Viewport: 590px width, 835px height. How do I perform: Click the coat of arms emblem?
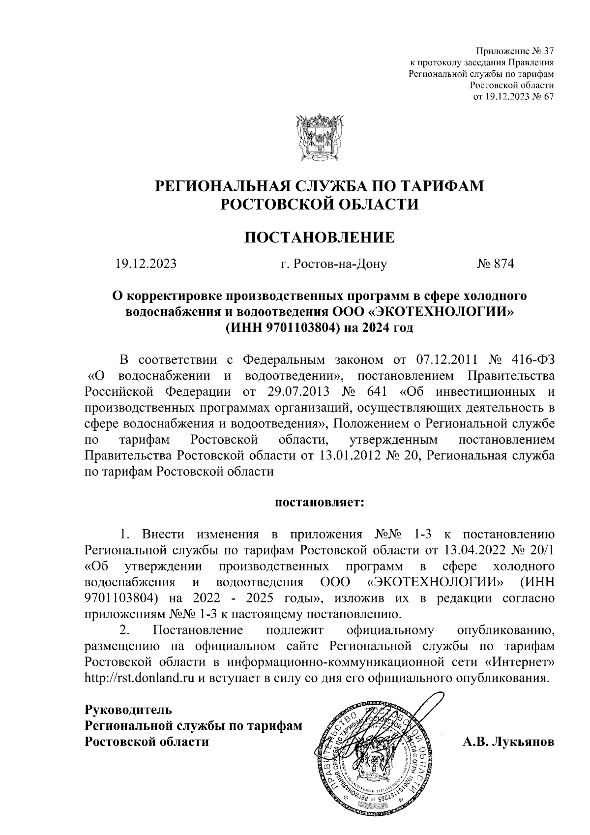pyautogui.click(x=320, y=139)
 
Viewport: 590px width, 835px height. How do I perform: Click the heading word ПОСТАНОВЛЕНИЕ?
pyautogui.click(x=320, y=238)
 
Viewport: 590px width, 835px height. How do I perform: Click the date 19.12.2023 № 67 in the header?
pyautogui.click(x=513, y=96)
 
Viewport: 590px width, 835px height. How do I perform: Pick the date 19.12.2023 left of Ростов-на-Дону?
pyautogui.click(x=146, y=264)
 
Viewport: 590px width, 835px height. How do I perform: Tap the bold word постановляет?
pyautogui.click(x=320, y=503)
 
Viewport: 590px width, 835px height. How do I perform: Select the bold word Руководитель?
pyautogui.click(x=128, y=710)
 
